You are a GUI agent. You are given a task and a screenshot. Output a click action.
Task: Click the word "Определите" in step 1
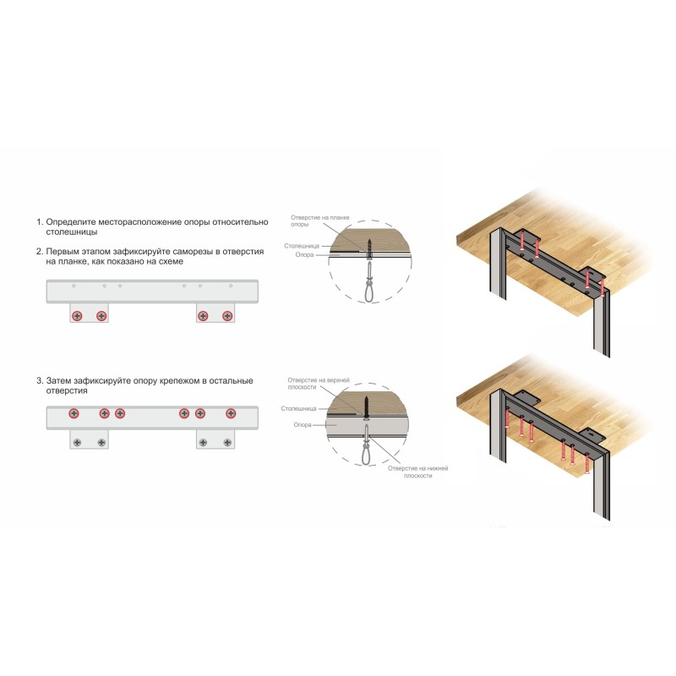coord(71,222)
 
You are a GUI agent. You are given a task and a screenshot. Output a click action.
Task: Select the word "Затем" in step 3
coord(58,381)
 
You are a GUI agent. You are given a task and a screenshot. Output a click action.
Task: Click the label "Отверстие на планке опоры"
coord(320,221)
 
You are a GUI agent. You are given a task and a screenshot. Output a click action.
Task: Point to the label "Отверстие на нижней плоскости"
coord(417,472)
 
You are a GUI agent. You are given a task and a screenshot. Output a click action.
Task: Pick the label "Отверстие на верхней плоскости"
coord(319,384)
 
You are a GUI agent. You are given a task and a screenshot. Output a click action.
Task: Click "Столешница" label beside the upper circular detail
coord(302,246)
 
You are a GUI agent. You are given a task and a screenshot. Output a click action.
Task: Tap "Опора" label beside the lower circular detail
coord(303,425)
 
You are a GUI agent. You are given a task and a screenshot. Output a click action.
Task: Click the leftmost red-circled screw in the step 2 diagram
coord(77,316)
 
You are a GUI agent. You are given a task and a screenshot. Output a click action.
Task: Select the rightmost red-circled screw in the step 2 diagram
coord(227,316)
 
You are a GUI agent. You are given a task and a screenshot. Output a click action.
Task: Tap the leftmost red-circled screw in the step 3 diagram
coord(74,413)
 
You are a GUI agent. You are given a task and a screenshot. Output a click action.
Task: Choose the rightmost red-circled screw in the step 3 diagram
coord(231,413)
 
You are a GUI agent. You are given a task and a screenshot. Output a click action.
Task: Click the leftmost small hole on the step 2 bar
coord(74,286)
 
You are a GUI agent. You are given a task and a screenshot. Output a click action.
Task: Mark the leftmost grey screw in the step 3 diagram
coord(77,442)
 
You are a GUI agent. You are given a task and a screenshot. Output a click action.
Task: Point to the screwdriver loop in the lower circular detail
coord(366,453)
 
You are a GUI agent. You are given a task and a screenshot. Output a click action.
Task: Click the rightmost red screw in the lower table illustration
coord(587,463)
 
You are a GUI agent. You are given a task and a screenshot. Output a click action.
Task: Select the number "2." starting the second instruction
coord(40,252)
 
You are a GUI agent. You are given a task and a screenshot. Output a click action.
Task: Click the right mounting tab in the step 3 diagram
coord(215,439)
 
